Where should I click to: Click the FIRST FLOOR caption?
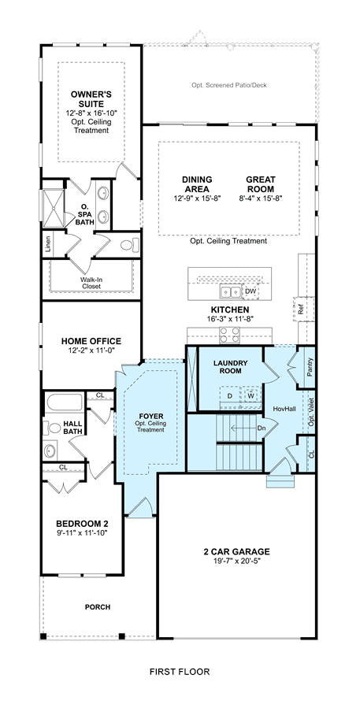(180, 672)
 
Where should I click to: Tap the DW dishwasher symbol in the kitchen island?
(251, 291)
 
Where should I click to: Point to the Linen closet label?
(48, 245)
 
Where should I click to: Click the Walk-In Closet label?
(91, 283)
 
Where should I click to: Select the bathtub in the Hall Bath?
(64, 402)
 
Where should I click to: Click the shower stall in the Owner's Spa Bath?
(54, 209)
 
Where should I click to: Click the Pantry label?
(310, 367)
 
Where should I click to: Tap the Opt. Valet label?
(310, 412)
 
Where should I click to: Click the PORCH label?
(98, 607)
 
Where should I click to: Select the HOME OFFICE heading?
(91, 341)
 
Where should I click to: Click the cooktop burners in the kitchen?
(230, 335)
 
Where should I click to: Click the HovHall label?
(285, 408)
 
